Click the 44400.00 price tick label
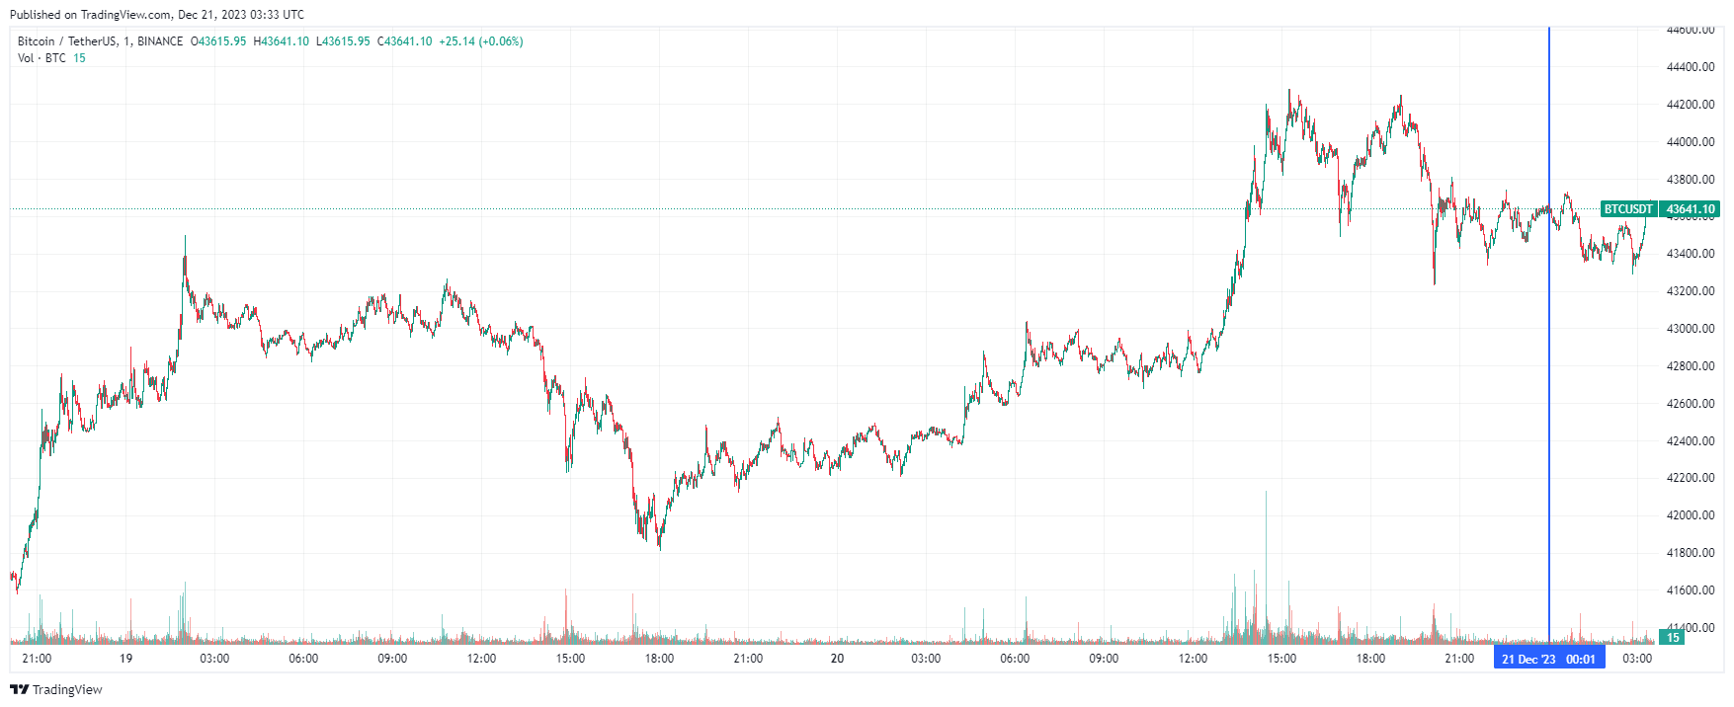1690,67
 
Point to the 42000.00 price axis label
1690,515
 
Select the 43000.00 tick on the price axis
1690,329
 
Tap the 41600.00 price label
1690,590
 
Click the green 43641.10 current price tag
1691,209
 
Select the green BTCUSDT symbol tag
1627,209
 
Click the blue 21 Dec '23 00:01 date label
1548,659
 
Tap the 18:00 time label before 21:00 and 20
659,659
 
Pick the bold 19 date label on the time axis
125,659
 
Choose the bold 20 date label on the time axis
837,659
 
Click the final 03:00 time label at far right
1637,659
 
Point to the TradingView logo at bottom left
56,689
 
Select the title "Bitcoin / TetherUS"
67,41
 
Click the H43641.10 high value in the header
282,41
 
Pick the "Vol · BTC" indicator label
41,58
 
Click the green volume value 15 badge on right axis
1674,638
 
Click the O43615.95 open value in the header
218,41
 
